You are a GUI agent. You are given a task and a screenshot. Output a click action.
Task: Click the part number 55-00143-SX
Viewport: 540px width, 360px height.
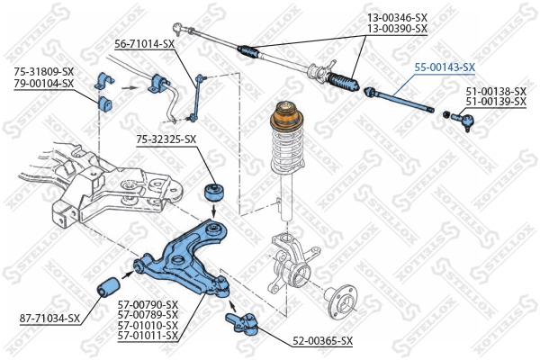[444, 67]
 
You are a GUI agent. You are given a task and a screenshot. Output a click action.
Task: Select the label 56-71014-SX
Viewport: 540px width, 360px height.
[144, 43]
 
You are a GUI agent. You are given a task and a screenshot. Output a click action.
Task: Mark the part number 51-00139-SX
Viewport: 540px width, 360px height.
[495, 102]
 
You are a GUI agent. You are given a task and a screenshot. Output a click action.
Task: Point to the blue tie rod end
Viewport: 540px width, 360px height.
[465, 118]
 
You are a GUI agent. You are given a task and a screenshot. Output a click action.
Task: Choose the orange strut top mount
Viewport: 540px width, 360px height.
[285, 117]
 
